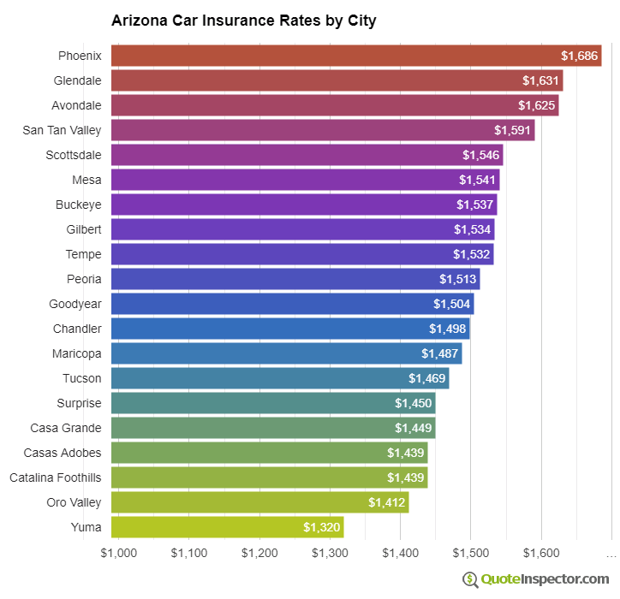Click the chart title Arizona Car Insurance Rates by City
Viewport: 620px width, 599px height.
243,21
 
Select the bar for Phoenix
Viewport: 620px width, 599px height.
356,56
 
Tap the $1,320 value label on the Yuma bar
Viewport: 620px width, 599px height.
321,527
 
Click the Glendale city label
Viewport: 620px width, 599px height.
77,80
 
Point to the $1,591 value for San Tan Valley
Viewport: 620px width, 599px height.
512,130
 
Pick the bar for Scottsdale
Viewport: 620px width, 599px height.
307,155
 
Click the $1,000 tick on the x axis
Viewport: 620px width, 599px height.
118,553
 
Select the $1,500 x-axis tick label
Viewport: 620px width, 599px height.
470,553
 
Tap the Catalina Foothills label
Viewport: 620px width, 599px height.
56,477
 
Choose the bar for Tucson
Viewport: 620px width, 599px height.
280,378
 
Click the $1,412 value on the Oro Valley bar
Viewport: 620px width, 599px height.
386,502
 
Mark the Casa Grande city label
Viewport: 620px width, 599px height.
66,428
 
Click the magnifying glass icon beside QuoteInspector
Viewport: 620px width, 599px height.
470,579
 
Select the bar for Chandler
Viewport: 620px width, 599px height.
290,329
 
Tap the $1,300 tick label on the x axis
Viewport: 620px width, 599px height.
329,553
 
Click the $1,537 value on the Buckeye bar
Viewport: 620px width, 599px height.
474,205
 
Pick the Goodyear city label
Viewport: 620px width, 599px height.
75,304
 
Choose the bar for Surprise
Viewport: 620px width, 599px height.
273,403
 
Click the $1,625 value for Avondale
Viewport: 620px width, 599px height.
536,105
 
